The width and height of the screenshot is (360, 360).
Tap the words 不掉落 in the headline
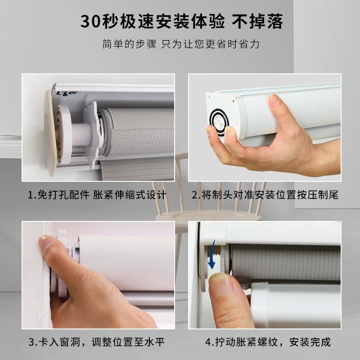(258, 21)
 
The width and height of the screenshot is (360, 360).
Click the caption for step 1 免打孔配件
(97, 195)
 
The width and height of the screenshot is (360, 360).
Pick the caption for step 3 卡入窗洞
(96, 342)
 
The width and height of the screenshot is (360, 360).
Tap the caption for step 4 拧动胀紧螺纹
(268, 342)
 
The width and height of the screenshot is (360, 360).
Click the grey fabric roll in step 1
(135, 130)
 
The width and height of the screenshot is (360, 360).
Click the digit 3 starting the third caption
(32, 342)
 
